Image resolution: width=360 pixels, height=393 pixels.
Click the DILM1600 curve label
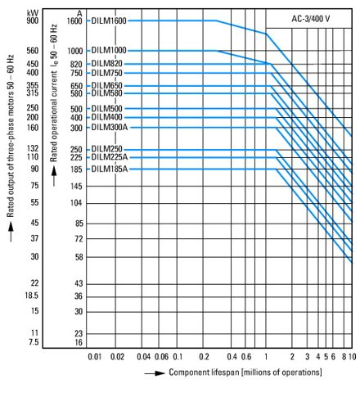109,20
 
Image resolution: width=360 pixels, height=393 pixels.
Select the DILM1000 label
109,51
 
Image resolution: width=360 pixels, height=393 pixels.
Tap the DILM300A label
110,128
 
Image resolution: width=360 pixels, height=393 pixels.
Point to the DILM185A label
110,169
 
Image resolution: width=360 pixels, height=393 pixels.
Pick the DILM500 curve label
106,109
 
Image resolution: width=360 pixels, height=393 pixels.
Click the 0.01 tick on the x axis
95,357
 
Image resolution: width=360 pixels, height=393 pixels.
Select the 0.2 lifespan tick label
204,357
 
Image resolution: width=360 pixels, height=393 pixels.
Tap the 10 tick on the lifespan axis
353,357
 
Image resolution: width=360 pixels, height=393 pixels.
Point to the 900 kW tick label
33,20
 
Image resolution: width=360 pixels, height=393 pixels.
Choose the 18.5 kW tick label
32,296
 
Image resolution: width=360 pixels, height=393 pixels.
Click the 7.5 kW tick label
34,342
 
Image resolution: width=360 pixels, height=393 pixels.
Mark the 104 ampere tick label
76,203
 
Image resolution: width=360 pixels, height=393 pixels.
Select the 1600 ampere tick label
74,21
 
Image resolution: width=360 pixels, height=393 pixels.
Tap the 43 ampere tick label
79,283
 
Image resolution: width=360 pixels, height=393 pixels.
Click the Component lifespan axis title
245,373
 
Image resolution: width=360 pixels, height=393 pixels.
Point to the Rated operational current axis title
54,93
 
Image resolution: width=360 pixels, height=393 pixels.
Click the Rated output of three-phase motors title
11,136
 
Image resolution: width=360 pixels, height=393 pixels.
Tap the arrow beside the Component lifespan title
155,373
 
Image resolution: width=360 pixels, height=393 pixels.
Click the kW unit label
33,13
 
